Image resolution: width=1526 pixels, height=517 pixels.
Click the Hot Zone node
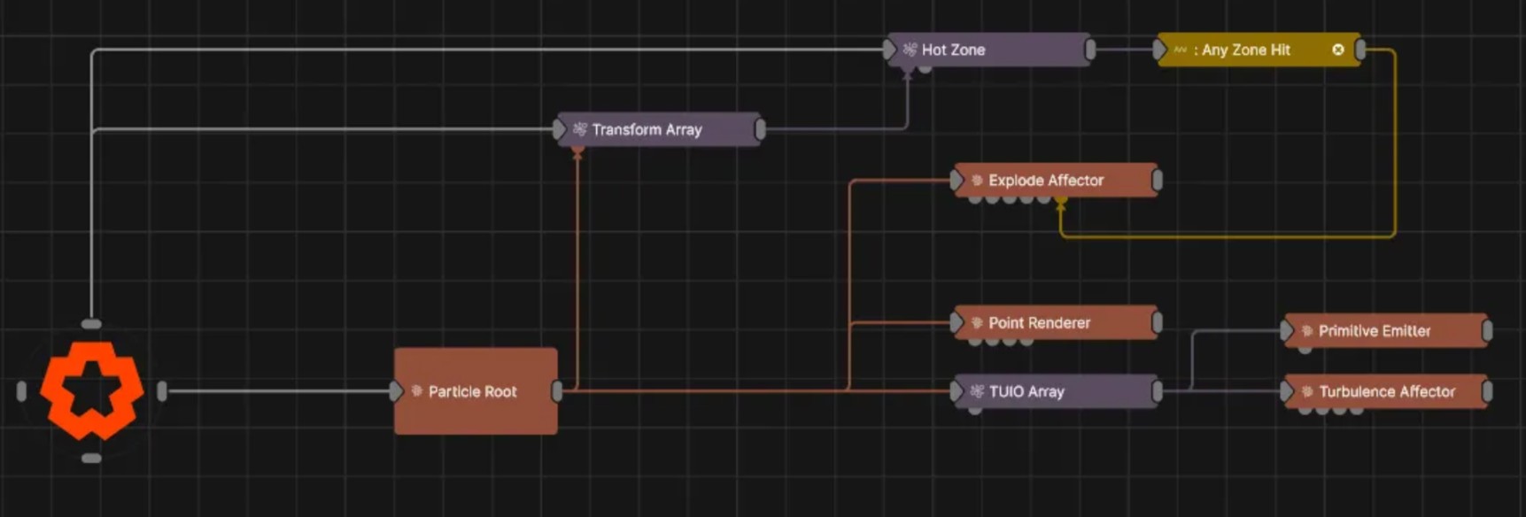pyautogui.click(x=988, y=50)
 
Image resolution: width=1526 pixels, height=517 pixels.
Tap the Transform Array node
pyautogui.click(x=657, y=129)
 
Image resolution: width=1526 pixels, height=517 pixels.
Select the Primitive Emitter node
pyautogui.click(x=1385, y=330)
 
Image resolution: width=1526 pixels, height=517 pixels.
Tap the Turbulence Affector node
pyautogui.click(x=1385, y=391)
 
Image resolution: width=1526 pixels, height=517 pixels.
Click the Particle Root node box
pyautogui.click(x=476, y=391)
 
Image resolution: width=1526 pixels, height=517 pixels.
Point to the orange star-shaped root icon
pyautogui.click(x=91, y=390)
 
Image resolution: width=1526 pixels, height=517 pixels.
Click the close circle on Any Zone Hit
pyautogui.click(x=1337, y=50)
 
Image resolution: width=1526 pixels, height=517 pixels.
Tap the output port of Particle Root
pyautogui.click(x=557, y=390)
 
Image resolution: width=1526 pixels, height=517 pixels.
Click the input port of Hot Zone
pyautogui.click(x=889, y=50)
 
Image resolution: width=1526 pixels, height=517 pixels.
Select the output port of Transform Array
pyautogui.click(x=760, y=129)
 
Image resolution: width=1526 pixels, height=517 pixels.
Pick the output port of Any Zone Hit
pyautogui.click(x=1360, y=50)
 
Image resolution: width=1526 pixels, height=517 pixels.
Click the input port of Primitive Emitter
pyautogui.click(x=1286, y=331)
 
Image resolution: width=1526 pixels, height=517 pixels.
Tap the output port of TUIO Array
pyautogui.click(x=1157, y=391)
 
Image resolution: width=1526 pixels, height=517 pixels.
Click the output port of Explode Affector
pyautogui.click(x=1157, y=180)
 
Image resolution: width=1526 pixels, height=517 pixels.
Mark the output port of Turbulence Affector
pyautogui.click(x=1487, y=391)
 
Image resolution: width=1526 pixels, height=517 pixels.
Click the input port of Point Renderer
pyautogui.click(x=957, y=322)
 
